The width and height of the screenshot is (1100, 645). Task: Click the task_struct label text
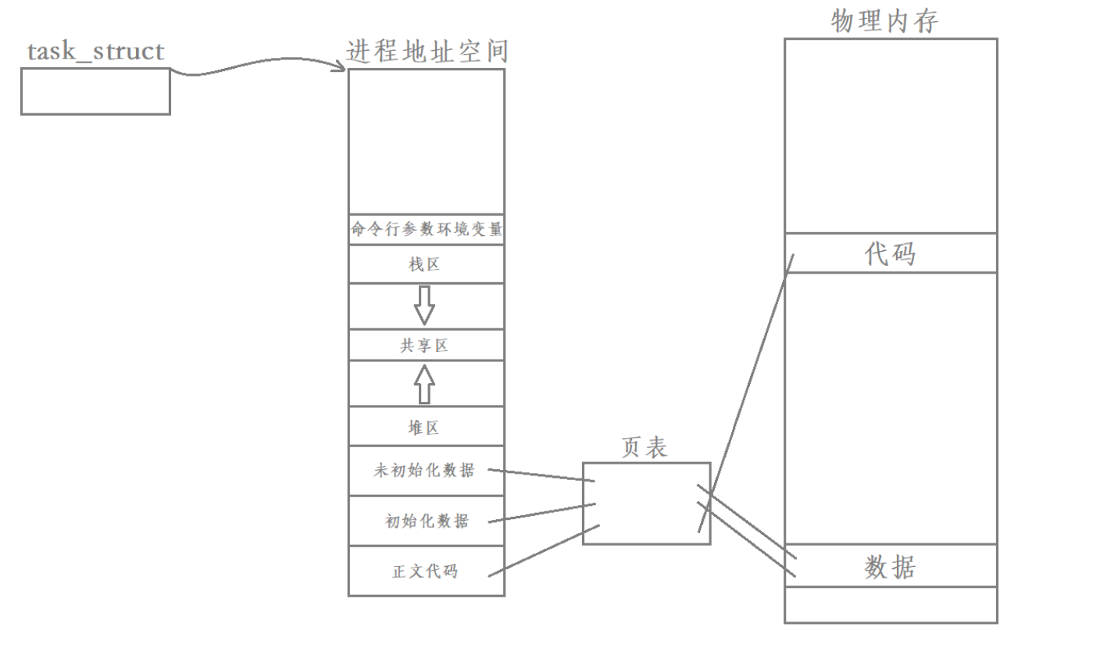96,52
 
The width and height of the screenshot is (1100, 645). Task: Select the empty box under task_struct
95,91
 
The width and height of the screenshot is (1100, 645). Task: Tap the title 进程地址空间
427,52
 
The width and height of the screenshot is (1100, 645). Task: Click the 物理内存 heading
884,21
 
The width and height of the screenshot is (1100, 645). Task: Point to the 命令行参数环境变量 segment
427,230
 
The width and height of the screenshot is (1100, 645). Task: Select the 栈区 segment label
425,265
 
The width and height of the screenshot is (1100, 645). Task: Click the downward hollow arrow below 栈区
424,305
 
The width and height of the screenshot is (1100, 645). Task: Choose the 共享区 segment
425,346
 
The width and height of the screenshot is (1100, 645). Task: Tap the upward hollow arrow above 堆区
424,383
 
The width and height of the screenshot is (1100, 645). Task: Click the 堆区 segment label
425,428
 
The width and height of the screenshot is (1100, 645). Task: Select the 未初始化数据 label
424,471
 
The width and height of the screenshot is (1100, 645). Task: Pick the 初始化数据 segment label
427,521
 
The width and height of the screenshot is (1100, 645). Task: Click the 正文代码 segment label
425,571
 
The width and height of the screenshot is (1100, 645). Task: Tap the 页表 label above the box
645,446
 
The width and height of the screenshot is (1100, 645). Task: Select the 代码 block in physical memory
890,253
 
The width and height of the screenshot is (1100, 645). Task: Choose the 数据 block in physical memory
890,566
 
